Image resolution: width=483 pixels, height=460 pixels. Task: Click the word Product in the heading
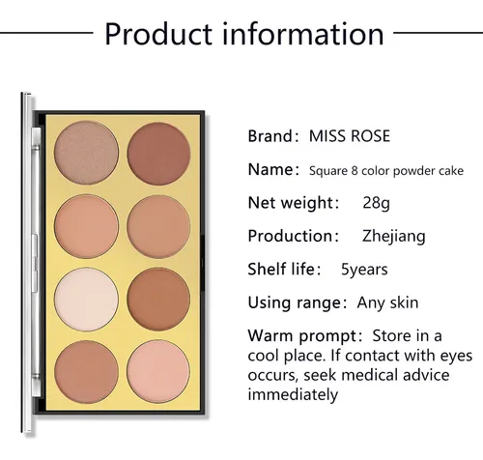coord(158,34)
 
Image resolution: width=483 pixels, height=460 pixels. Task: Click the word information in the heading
coord(303,34)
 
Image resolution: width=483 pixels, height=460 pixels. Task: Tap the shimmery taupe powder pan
coord(86,153)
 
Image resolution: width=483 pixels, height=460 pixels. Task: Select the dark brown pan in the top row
coord(158,154)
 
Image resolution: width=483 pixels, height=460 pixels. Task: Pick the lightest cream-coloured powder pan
coord(86,300)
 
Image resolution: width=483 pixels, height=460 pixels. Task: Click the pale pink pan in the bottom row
coord(158,371)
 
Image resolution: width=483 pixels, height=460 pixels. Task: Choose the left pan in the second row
coord(86,226)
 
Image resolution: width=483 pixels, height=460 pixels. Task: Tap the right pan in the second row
coord(158,226)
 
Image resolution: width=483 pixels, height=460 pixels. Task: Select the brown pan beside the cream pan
coord(158,299)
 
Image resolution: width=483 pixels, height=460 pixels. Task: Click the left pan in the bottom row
coord(86,372)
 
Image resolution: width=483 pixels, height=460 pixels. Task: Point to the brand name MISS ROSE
coord(350,136)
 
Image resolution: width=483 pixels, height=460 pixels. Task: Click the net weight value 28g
coord(376,203)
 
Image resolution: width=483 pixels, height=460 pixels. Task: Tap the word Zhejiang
coord(394,236)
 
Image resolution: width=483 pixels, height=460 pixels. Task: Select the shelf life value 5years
coord(364,270)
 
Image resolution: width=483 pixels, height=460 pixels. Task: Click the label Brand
coord(270,136)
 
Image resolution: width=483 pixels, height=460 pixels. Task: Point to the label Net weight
coord(291,203)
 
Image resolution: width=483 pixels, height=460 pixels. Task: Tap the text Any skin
coord(387,302)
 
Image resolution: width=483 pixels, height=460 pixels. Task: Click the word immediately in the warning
coord(293,394)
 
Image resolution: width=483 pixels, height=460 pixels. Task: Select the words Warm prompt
coord(302,336)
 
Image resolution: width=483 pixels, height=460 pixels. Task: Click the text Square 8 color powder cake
coord(386,171)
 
